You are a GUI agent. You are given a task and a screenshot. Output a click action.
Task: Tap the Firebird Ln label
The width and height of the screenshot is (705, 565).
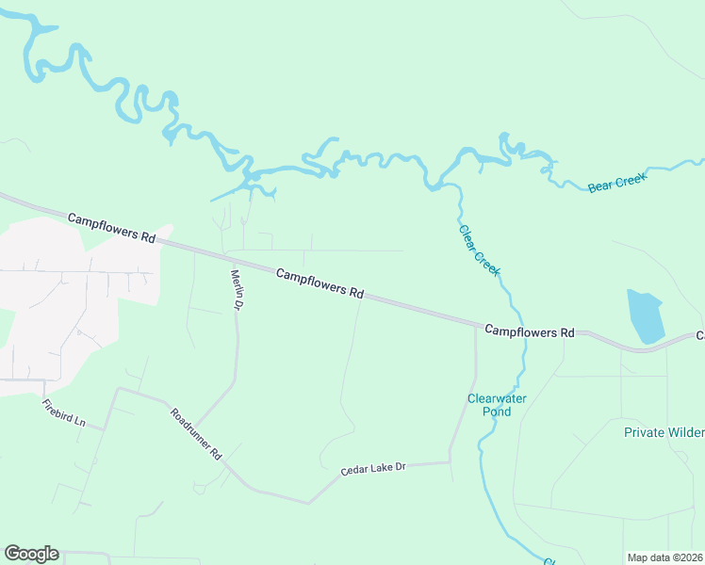pos(63,412)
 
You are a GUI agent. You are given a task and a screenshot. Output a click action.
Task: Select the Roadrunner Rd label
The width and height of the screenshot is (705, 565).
pos(195,433)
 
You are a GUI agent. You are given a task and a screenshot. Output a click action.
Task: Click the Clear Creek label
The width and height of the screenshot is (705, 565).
pos(480,250)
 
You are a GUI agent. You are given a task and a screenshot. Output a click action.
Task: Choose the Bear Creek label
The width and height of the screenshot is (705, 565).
pos(617,182)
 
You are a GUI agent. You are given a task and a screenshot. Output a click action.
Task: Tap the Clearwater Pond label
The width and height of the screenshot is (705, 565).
pos(497,405)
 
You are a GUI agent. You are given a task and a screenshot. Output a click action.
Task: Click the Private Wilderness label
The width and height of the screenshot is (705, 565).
pos(664,432)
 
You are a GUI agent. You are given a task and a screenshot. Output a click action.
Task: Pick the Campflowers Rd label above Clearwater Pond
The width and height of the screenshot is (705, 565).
pos(530,331)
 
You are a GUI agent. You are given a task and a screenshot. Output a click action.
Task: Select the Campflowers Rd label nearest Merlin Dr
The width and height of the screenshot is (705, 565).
pos(320,282)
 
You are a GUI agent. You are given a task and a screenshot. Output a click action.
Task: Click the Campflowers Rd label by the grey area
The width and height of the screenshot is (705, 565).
pos(111,228)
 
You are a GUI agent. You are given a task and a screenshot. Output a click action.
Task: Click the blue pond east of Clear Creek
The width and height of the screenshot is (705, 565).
pos(646,316)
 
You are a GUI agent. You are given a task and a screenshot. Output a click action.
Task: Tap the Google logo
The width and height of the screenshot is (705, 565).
pos(31,554)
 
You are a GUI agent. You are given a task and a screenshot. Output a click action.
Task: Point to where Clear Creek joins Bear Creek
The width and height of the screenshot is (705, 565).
pos(435,186)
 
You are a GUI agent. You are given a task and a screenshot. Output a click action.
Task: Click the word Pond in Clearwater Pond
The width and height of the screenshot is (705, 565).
pos(497,412)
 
